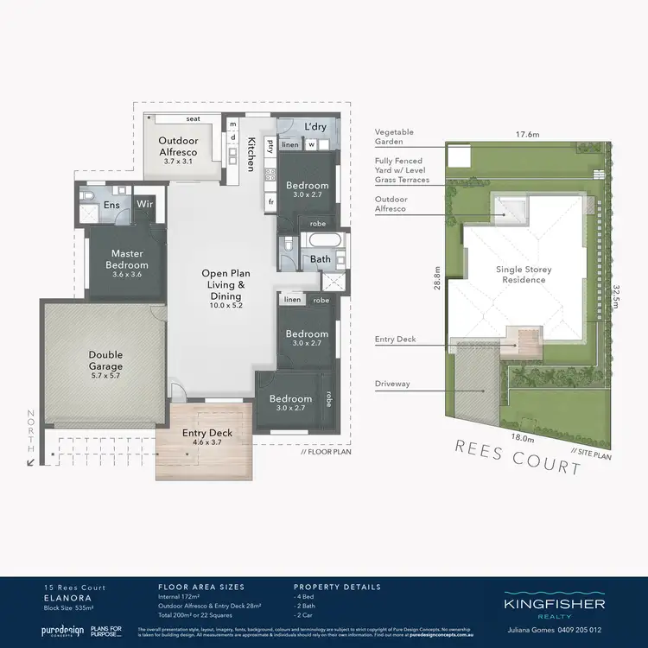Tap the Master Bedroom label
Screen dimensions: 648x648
[127, 258]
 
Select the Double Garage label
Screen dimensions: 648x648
[105, 359]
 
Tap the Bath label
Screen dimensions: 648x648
[320, 259]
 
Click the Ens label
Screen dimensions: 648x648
[111, 205]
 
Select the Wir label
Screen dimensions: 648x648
[145, 205]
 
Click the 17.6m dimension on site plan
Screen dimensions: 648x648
[527, 135]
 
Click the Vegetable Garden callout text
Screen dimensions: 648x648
[394, 137]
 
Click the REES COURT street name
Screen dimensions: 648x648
[518, 459]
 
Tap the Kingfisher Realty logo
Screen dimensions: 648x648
[554, 607]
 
